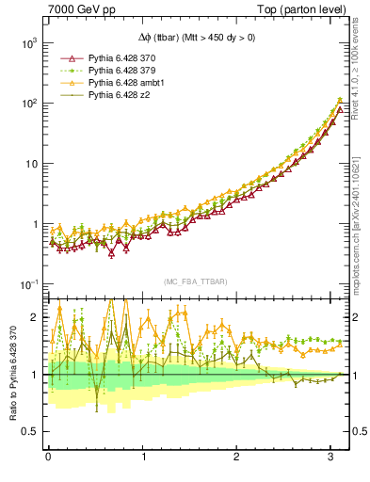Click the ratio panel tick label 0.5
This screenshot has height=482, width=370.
point(30,432)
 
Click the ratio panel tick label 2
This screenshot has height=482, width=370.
point(35,317)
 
